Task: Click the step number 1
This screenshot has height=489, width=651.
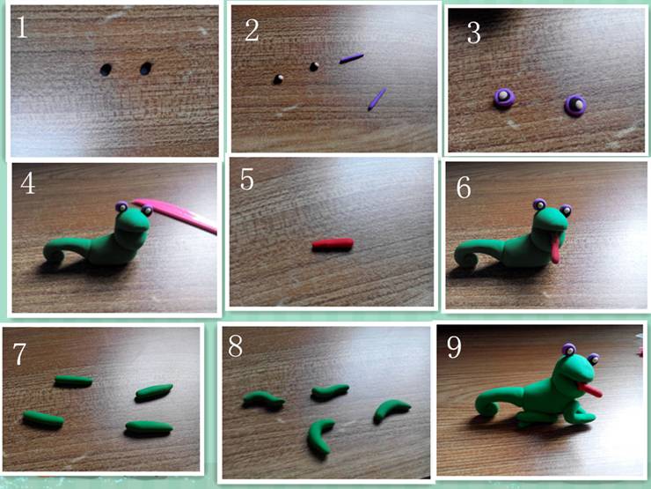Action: coord(22,26)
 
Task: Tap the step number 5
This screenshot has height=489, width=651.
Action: coord(246,179)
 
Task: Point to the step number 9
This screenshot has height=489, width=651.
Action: coord(454,347)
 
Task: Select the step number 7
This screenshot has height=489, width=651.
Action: coord(19,354)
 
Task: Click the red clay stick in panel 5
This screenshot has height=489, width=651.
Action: coord(333,244)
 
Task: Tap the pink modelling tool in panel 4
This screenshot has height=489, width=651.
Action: coord(175,215)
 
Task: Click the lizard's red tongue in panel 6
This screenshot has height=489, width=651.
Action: coord(554,248)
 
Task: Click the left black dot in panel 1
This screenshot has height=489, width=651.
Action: coord(106,69)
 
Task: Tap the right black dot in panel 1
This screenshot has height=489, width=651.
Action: coord(146,68)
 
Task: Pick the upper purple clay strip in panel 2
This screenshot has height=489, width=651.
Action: coord(351,58)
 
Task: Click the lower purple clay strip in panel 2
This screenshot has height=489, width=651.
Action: coord(377,99)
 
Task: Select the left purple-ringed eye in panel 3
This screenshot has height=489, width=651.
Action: coord(504,98)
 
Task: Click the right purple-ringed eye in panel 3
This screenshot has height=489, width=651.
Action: coord(575,105)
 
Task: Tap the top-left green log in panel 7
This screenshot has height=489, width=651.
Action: coord(74,381)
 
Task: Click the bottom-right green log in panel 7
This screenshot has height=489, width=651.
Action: coord(149,427)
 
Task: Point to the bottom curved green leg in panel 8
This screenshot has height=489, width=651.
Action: coord(318,436)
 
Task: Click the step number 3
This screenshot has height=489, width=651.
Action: coord(473,33)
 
